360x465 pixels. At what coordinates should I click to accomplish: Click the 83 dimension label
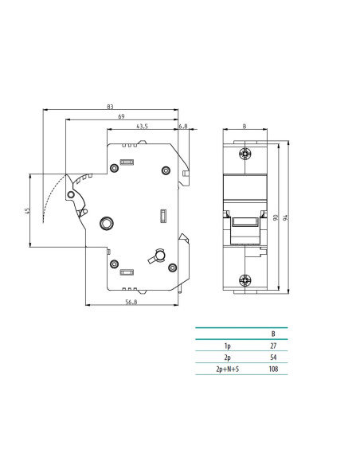(x=110, y=107)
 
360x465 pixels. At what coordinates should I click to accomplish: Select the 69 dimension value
(x=121, y=116)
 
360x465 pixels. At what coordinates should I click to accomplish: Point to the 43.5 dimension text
(x=142, y=127)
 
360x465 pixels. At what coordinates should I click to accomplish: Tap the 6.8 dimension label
(x=183, y=127)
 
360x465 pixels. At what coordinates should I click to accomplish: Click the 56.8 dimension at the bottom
(x=131, y=302)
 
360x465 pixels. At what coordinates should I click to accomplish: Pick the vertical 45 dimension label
(x=27, y=211)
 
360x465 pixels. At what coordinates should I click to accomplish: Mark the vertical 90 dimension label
(x=276, y=217)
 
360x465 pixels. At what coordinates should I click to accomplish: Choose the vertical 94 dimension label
(x=286, y=217)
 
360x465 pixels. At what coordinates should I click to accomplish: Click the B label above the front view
(x=245, y=127)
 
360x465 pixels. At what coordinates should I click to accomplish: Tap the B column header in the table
(x=273, y=334)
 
